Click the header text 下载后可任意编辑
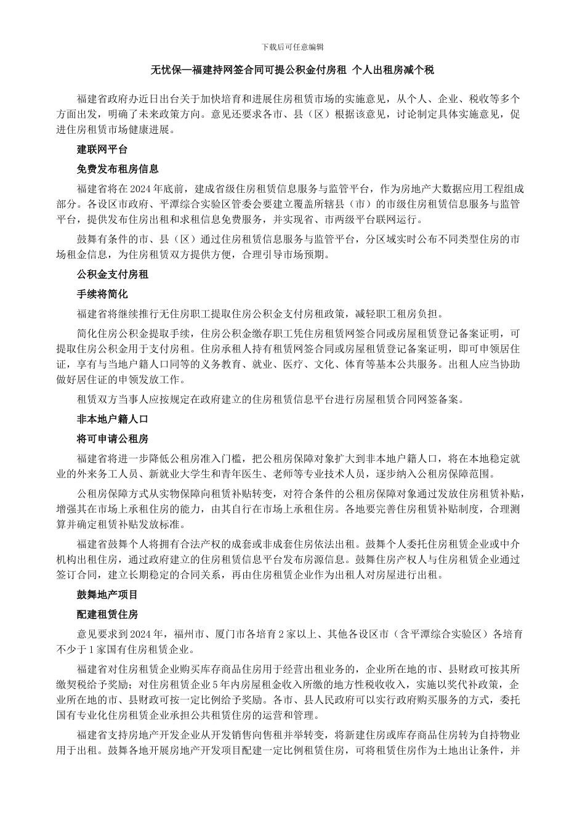292,47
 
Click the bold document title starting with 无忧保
292,71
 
